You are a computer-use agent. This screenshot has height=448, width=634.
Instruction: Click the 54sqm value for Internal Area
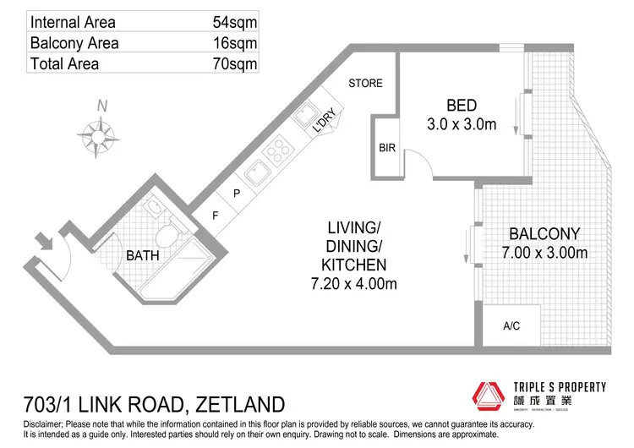(236, 21)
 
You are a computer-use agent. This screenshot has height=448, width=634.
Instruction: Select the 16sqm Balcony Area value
(236, 42)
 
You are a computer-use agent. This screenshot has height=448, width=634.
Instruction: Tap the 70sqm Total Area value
(236, 63)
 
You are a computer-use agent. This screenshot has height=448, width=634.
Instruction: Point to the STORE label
(366, 83)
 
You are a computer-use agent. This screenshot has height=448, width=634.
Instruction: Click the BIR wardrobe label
(387, 148)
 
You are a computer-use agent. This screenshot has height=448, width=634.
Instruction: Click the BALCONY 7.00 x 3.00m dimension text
(544, 252)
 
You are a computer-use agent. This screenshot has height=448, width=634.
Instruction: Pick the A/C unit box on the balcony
(511, 325)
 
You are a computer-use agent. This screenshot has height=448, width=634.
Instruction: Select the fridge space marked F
(216, 215)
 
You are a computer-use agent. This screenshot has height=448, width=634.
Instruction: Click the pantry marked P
(238, 194)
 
